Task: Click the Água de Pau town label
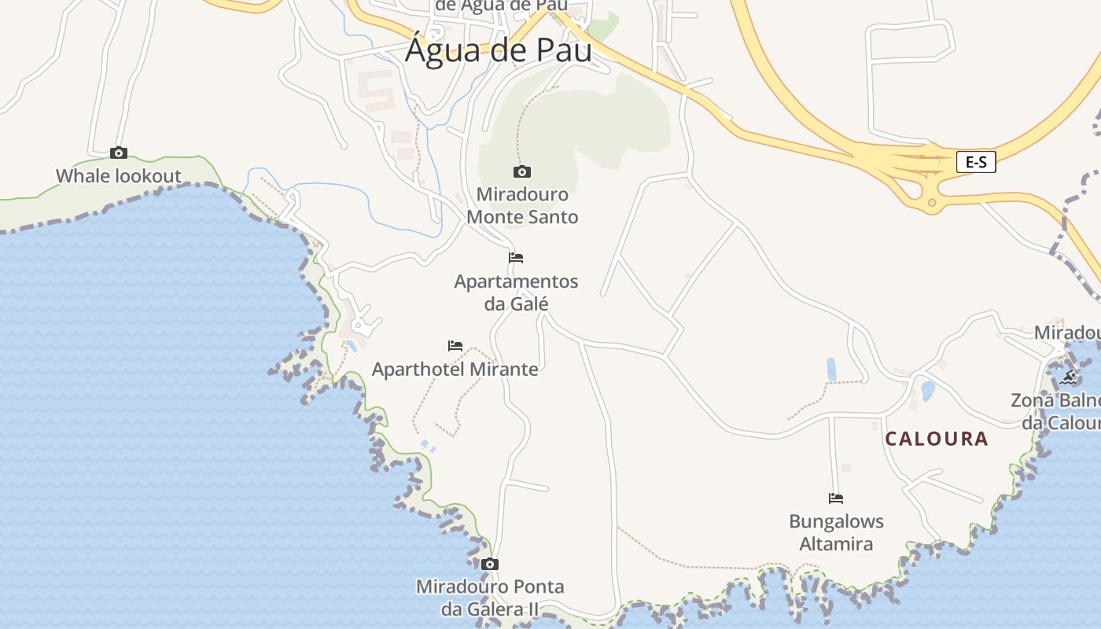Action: click(498, 51)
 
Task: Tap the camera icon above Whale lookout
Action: click(119, 153)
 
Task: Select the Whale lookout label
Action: click(119, 176)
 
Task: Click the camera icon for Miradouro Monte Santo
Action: click(521, 171)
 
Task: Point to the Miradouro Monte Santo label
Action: click(522, 205)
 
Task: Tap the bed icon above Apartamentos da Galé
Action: click(516, 257)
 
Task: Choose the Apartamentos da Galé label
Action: click(516, 292)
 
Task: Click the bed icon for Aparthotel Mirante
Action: click(455, 345)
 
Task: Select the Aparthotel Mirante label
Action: click(455, 369)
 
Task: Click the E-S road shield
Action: click(976, 162)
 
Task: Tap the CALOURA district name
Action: click(937, 439)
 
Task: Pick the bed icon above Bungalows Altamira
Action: click(836, 498)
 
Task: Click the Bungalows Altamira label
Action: click(836, 532)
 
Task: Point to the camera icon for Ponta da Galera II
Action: click(490, 564)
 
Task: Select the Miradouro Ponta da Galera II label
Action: click(490, 598)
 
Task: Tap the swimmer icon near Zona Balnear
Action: click(1068, 377)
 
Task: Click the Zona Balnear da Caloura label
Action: click(1058, 411)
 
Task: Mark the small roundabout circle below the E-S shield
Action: click(932, 203)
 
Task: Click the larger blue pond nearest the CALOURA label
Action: click(928, 391)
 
